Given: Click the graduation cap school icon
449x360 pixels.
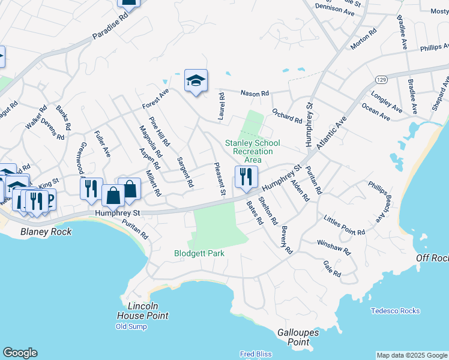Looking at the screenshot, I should (196, 80).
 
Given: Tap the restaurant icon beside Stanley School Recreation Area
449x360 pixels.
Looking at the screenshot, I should (246, 176).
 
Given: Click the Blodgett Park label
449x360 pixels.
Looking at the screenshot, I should (199, 254).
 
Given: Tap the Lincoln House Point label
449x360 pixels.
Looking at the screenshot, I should (143, 311).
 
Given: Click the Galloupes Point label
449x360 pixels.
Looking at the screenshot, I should (293, 337).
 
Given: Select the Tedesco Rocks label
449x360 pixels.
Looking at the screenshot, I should (395, 311).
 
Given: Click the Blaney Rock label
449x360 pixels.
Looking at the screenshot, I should (46, 232).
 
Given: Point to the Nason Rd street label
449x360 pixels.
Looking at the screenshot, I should (255, 94).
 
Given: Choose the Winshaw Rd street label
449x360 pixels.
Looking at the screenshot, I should (333, 247).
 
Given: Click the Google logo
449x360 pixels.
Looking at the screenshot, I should (20, 353).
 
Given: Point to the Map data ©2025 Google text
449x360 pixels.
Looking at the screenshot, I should (412, 355).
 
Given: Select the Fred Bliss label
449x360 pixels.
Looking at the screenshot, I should (256, 354).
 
